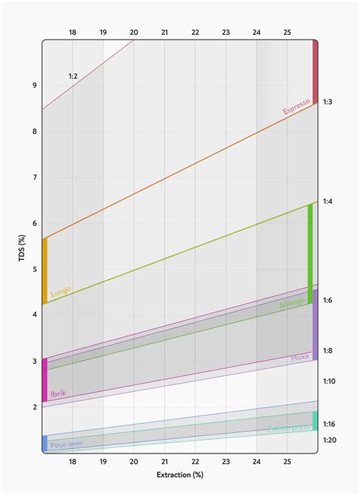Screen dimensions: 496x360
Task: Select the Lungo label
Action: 61,290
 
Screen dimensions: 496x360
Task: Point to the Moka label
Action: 299,358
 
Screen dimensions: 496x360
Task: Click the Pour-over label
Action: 66,443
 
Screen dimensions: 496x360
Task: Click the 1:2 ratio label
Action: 74,76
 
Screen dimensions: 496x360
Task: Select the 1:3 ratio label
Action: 327,101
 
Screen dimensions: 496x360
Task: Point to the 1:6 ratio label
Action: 327,301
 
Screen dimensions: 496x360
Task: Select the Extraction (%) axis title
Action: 179,475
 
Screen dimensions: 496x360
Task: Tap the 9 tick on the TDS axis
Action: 34,86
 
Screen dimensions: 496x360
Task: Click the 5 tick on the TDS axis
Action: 34,270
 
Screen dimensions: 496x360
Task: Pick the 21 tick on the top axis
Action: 165,32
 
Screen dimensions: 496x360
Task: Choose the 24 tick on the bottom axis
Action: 257,461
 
